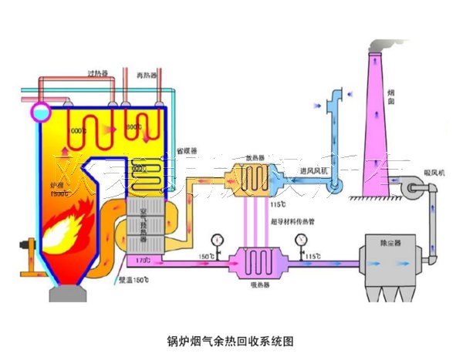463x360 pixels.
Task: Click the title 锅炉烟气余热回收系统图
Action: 231,340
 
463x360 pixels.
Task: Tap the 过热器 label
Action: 98,74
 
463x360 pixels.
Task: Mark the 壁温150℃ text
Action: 133,281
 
